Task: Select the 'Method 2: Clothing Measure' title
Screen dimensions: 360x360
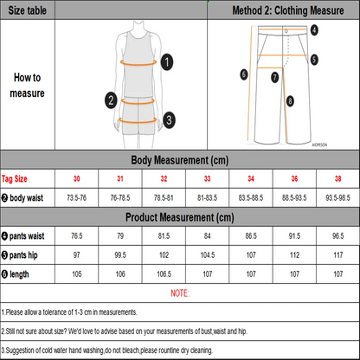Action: tap(281, 11)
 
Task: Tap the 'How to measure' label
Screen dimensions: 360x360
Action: tap(29, 83)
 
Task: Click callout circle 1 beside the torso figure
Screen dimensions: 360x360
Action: tap(167, 61)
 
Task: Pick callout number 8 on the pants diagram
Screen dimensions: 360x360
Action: tap(290, 101)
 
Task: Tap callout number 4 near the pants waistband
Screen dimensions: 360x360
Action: tap(314, 29)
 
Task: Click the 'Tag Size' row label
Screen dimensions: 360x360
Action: tap(18, 178)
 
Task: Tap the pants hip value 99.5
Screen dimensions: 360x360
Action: tap(121, 255)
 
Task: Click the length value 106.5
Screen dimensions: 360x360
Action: tap(164, 275)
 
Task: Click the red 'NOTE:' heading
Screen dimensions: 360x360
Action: tap(179, 294)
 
